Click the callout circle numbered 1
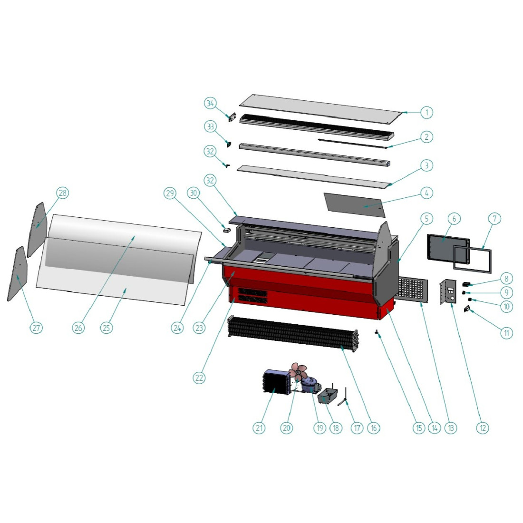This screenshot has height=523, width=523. click(426, 112)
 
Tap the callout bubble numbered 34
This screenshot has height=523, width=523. click(210, 103)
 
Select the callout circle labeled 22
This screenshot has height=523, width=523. click(199, 378)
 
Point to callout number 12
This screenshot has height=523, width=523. click(483, 427)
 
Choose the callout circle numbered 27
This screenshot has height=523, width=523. click(36, 328)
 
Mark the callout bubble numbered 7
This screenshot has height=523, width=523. click(494, 219)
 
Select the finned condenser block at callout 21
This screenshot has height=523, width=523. click(274, 382)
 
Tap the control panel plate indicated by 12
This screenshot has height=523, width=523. click(448, 292)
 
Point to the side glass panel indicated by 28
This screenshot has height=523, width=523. click(37, 230)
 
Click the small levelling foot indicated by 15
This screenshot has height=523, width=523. click(377, 332)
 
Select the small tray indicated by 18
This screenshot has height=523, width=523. click(328, 395)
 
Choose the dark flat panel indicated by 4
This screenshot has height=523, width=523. click(354, 204)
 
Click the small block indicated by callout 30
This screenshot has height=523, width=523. click(227, 230)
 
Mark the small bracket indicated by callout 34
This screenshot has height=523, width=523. click(232, 117)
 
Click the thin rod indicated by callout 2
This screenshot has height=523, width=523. click(353, 144)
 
